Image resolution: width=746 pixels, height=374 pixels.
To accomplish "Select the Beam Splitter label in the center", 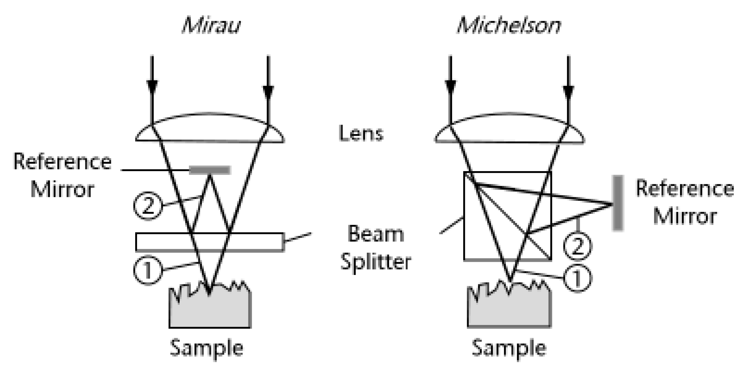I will pos(376,248).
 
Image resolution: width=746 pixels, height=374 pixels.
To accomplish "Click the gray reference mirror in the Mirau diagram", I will pos(210,170).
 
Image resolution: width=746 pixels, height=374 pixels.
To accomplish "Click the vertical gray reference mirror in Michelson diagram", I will pos(618,203).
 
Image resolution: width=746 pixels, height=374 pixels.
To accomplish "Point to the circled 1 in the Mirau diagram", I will pos(148,270).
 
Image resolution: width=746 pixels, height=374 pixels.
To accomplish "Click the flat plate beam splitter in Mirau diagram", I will pos(210,242).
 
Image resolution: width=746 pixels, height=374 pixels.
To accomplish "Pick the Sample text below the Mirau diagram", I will pos(206,348).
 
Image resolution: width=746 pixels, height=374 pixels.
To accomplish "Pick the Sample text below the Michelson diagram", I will pos(509,348).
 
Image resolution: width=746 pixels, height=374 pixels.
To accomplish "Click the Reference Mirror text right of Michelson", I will pos(685,202).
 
